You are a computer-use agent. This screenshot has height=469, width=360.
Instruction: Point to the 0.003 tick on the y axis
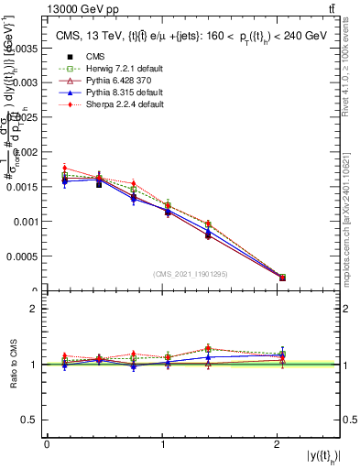click(26, 82)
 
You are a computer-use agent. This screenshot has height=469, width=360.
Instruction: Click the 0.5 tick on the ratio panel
click(30, 420)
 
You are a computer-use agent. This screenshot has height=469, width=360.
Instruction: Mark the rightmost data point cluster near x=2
click(282, 277)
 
